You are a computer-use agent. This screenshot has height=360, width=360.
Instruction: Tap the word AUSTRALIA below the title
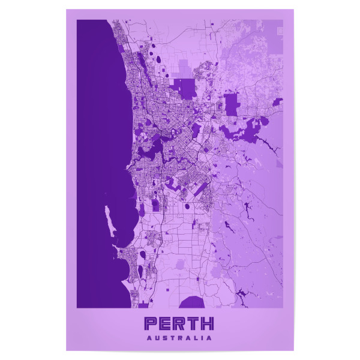(179, 338)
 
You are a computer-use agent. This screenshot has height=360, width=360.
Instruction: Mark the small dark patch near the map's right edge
(277, 102)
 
